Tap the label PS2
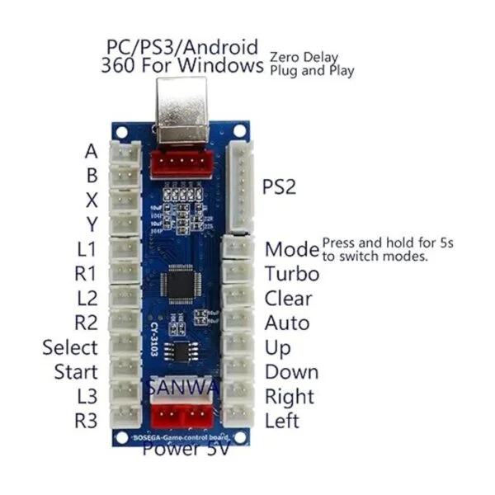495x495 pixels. [x=279, y=187]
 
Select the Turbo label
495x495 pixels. [x=286, y=273]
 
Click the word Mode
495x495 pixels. [x=291, y=249]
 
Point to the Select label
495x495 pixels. [x=70, y=347]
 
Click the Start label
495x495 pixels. [x=76, y=371]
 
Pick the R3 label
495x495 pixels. [x=86, y=420]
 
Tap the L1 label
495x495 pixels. [x=86, y=249]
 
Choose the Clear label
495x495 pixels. [x=286, y=298]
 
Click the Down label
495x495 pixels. [x=291, y=371]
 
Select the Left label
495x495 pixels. [x=281, y=420]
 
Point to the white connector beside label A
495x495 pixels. [x=125, y=153]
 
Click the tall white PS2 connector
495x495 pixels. [x=242, y=187]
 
